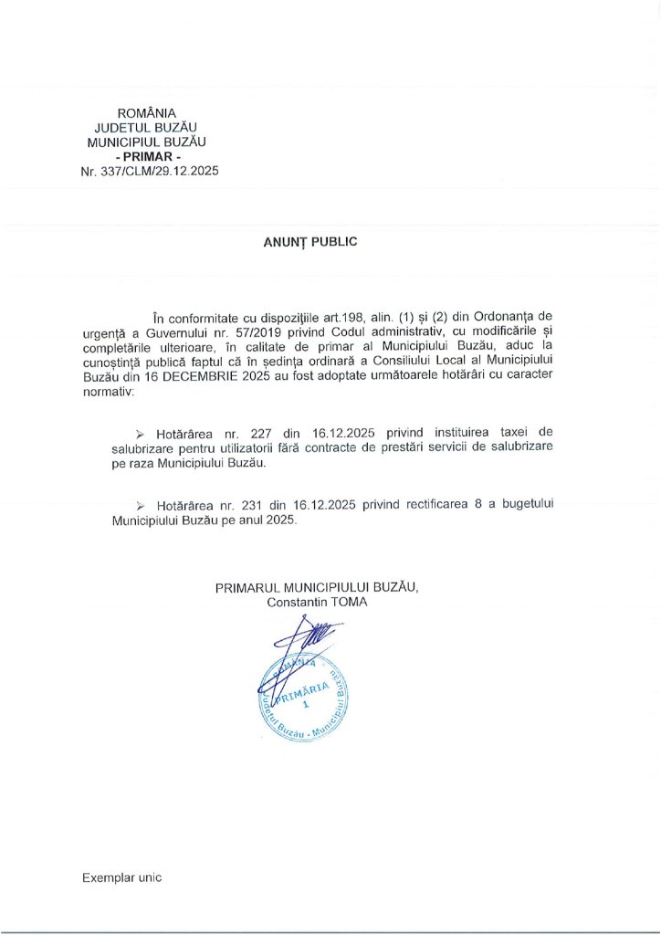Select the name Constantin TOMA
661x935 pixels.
click(318, 603)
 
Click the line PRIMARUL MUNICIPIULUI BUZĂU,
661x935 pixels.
click(317, 588)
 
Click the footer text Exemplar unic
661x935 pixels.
click(121, 877)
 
